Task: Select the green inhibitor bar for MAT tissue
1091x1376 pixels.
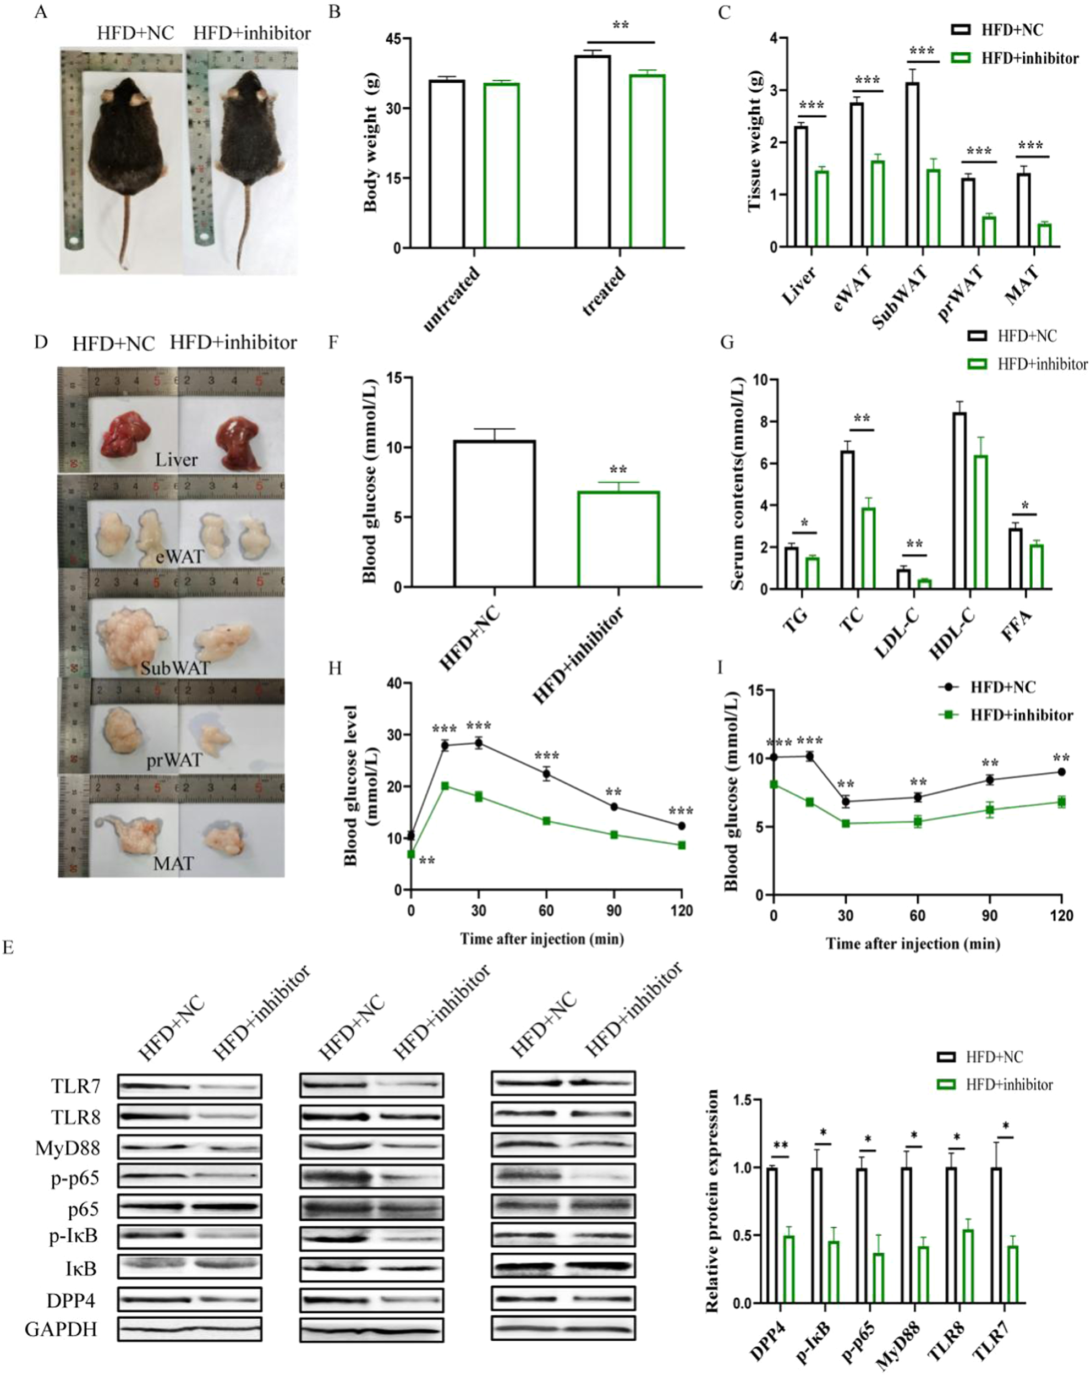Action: (x=1044, y=234)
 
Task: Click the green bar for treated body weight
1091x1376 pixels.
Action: (x=647, y=161)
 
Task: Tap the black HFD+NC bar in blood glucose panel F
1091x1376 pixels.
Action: (x=495, y=514)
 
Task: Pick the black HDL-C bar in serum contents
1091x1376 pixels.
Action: (x=959, y=500)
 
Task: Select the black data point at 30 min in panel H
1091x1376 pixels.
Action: (x=479, y=743)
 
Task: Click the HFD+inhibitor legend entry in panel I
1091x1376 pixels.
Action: (x=1021, y=715)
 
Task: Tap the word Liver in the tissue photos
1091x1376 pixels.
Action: (x=176, y=460)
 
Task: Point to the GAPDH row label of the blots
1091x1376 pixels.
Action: (x=61, y=1329)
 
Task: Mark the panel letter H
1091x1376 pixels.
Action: (x=335, y=668)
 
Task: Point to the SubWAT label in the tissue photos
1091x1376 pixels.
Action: (x=175, y=668)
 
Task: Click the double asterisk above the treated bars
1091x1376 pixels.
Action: (x=620, y=25)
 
